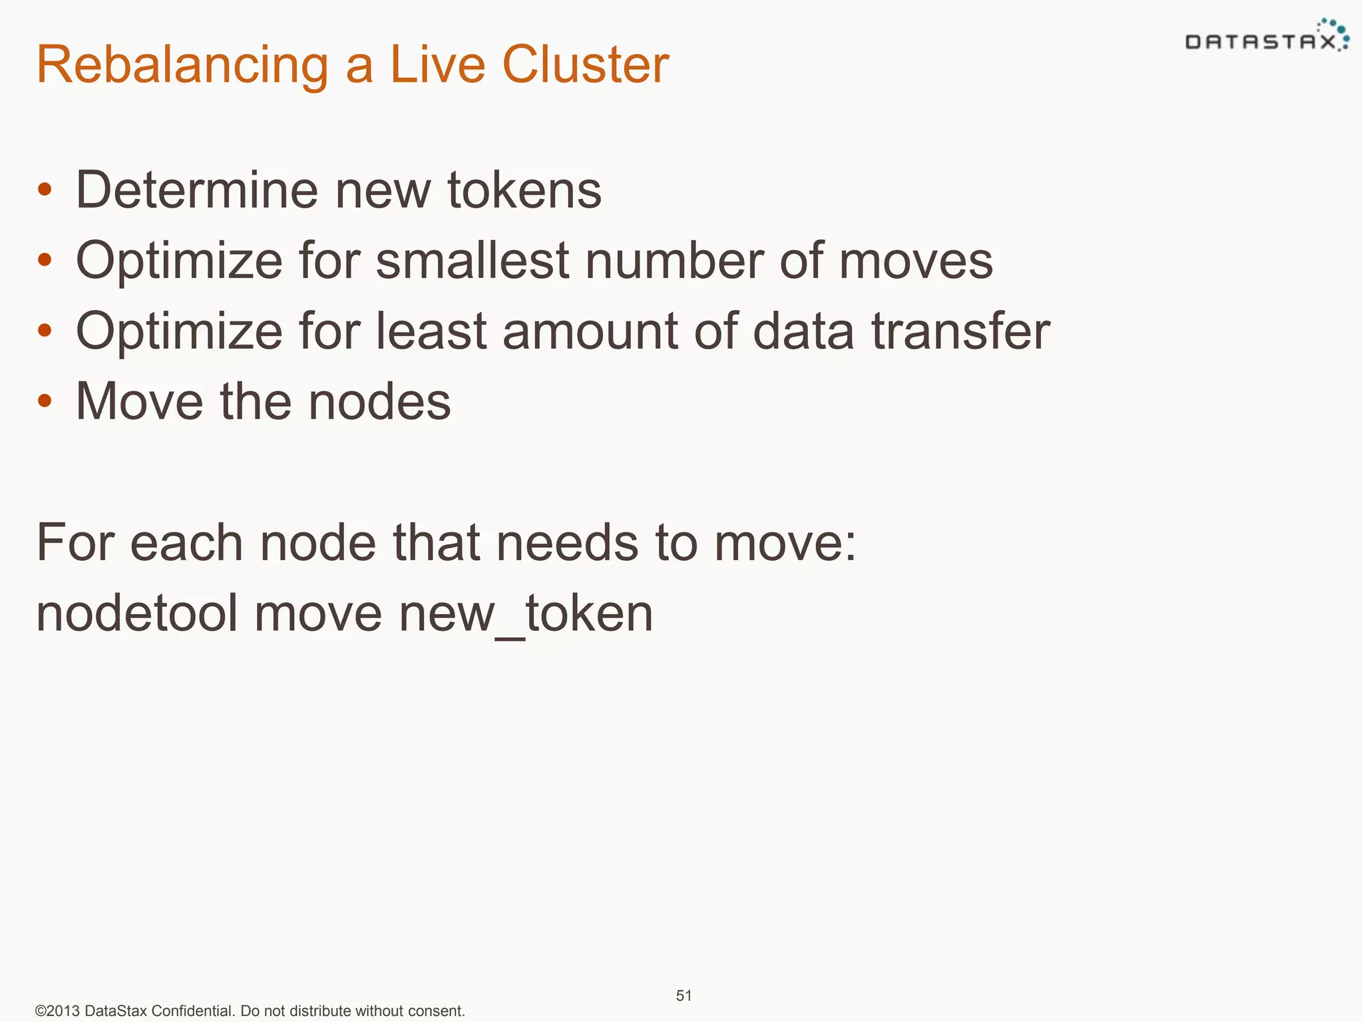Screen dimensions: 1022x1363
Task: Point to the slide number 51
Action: click(683, 995)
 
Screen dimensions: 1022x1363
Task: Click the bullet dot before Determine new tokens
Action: click(45, 190)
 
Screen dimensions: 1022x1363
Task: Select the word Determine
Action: click(197, 190)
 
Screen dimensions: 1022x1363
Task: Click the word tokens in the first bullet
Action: click(524, 190)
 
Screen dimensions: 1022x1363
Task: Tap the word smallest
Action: click(472, 260)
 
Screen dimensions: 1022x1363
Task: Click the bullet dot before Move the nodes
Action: click(45, 401)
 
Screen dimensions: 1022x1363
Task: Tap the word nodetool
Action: click(136, 613)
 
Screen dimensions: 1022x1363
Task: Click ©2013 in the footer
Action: click(57, 1011)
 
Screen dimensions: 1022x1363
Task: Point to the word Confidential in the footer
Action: click(192, 1011)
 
